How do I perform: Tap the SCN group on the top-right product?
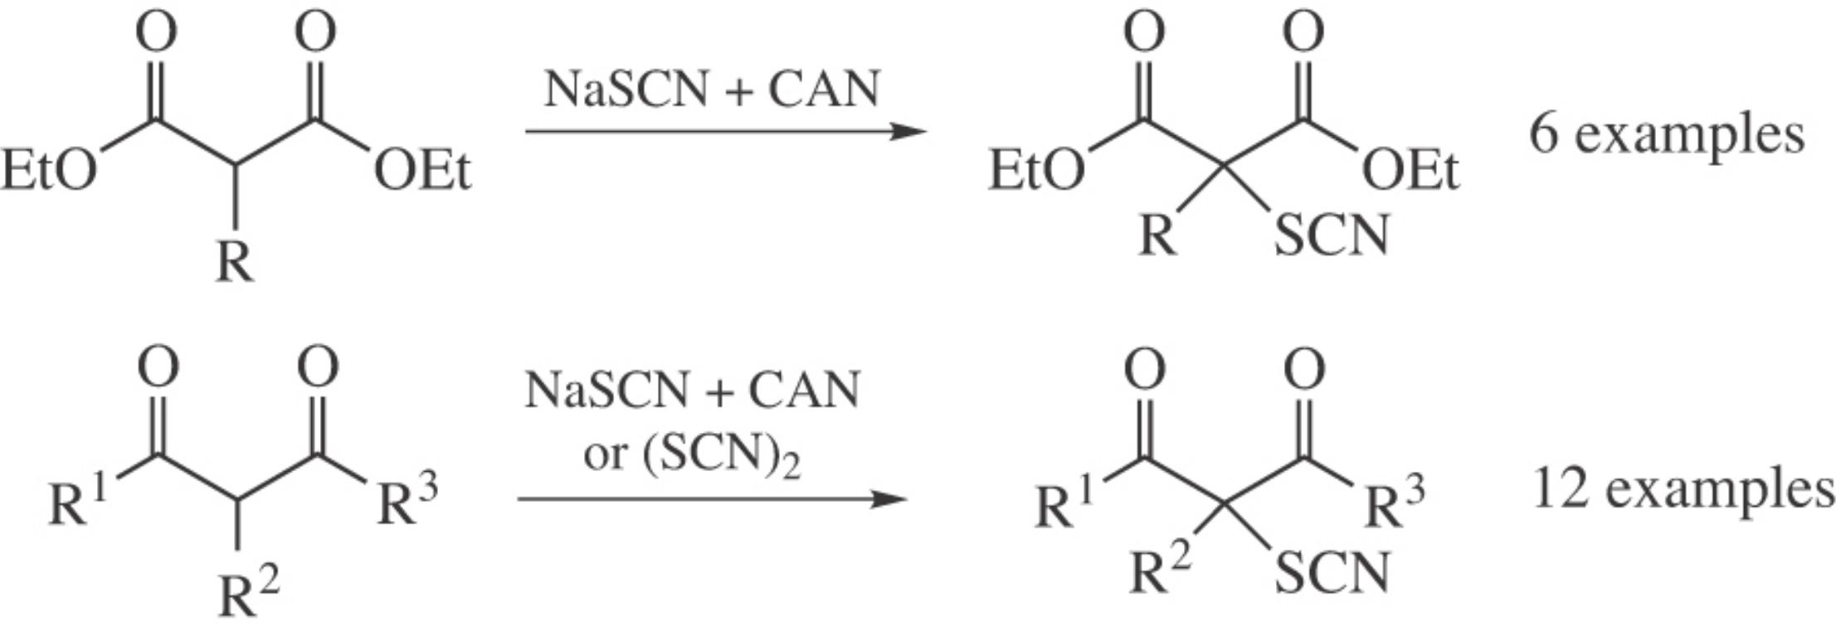click(1331, 236)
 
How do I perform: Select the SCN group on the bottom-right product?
click(1331, 573)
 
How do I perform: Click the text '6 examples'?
click(1667, 134)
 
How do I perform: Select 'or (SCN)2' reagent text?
click(692, 455)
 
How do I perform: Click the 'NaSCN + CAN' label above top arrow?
click(712, 90)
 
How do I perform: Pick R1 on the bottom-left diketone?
click(77, 501)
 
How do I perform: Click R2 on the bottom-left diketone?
click(248, 594)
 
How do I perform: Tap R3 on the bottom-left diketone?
click(407, 501)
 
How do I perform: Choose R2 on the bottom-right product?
click(1160, 571)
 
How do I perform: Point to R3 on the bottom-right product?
click(1395, 503)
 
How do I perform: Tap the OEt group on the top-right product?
click(1410, 171)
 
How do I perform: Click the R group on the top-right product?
click(1157, 236)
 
